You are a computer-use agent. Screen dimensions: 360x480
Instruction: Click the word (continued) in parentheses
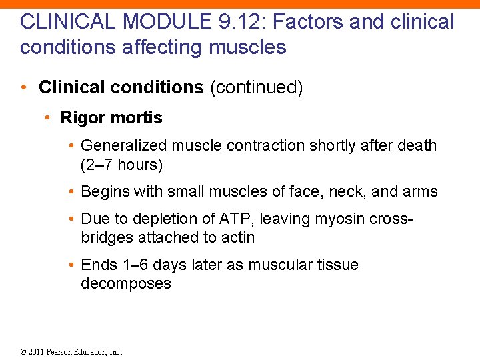tap(256, 88)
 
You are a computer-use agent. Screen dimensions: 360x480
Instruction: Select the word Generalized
tap(123, 146)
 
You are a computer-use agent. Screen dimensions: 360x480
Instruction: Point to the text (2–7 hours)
tap(121, 165)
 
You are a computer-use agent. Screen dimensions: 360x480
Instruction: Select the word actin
tap(239, 237)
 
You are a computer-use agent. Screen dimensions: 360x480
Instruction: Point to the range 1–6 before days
tap(137, 265)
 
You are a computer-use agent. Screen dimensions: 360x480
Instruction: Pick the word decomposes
tap(125, 283)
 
